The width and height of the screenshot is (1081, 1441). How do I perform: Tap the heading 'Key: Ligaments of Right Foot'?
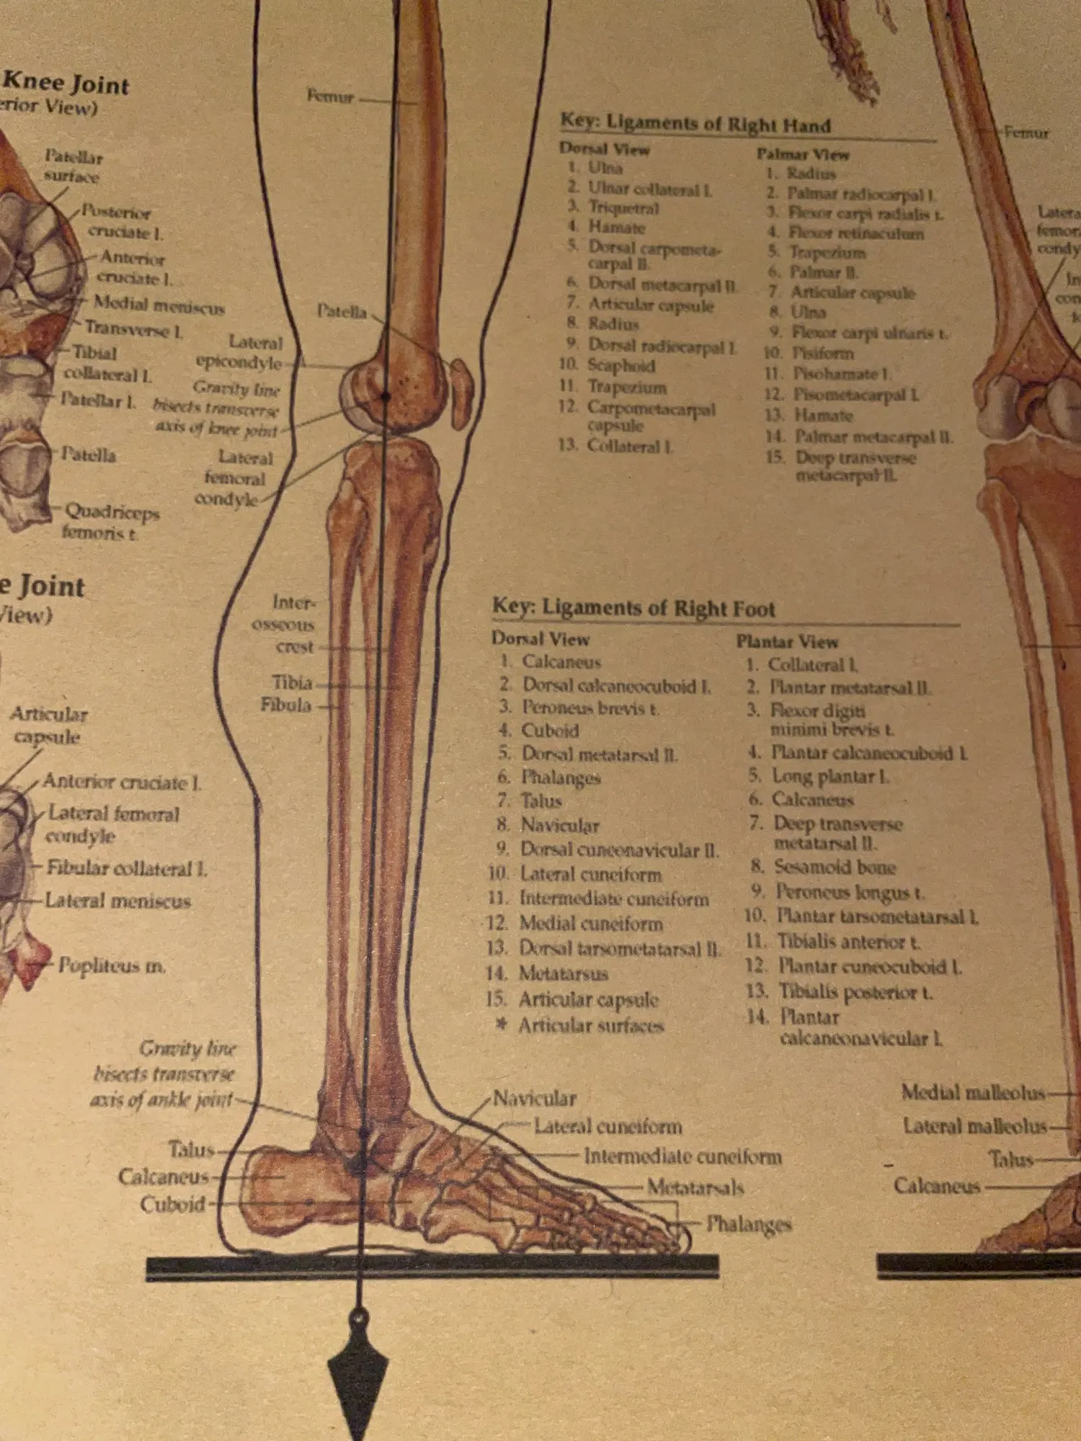pos(633,607)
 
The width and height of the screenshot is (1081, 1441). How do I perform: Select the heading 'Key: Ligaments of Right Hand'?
pos(695,123)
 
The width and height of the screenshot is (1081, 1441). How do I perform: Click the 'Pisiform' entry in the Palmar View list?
pos(822,353)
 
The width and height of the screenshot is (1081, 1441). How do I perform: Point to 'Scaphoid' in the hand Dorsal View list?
pos(620,365)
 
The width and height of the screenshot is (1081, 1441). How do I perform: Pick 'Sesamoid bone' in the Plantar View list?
pos(834,867)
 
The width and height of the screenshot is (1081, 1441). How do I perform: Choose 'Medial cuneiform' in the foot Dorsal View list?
pos(590,923)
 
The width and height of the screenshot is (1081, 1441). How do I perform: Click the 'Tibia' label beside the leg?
pos(292,682)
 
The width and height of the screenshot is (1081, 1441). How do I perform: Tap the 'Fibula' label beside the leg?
pos(286,704)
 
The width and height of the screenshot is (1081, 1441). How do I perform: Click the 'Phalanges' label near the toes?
pos(748,1223)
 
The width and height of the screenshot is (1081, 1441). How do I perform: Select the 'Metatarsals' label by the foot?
pos(695,1187)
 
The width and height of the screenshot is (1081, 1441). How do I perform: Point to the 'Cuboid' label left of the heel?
pos(172,1204)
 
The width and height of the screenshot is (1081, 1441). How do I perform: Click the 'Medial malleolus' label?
pos(972,1092)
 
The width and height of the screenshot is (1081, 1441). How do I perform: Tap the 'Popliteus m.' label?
pos(112,965)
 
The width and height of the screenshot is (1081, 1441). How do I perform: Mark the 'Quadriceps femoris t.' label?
pos(110,522)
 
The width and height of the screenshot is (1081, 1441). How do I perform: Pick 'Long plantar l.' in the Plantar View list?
pos(829,776)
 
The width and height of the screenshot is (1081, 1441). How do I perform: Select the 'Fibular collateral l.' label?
pos(127,868)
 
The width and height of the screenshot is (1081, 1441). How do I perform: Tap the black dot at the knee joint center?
pos(386,396)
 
